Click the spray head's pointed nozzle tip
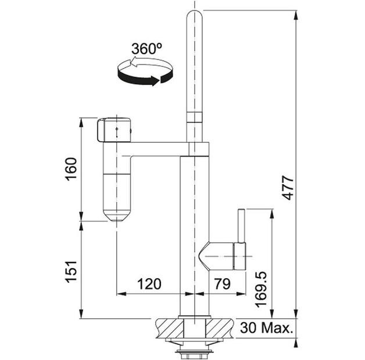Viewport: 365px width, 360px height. (x=116, y=218)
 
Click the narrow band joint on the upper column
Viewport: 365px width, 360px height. (x=194, y=118)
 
